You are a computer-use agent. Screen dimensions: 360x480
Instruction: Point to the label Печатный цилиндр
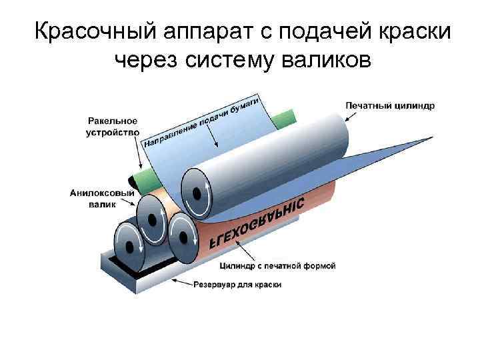point(390,105)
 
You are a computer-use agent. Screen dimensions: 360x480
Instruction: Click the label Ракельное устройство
point(112,127)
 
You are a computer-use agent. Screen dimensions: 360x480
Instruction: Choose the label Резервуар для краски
point(237,285)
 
